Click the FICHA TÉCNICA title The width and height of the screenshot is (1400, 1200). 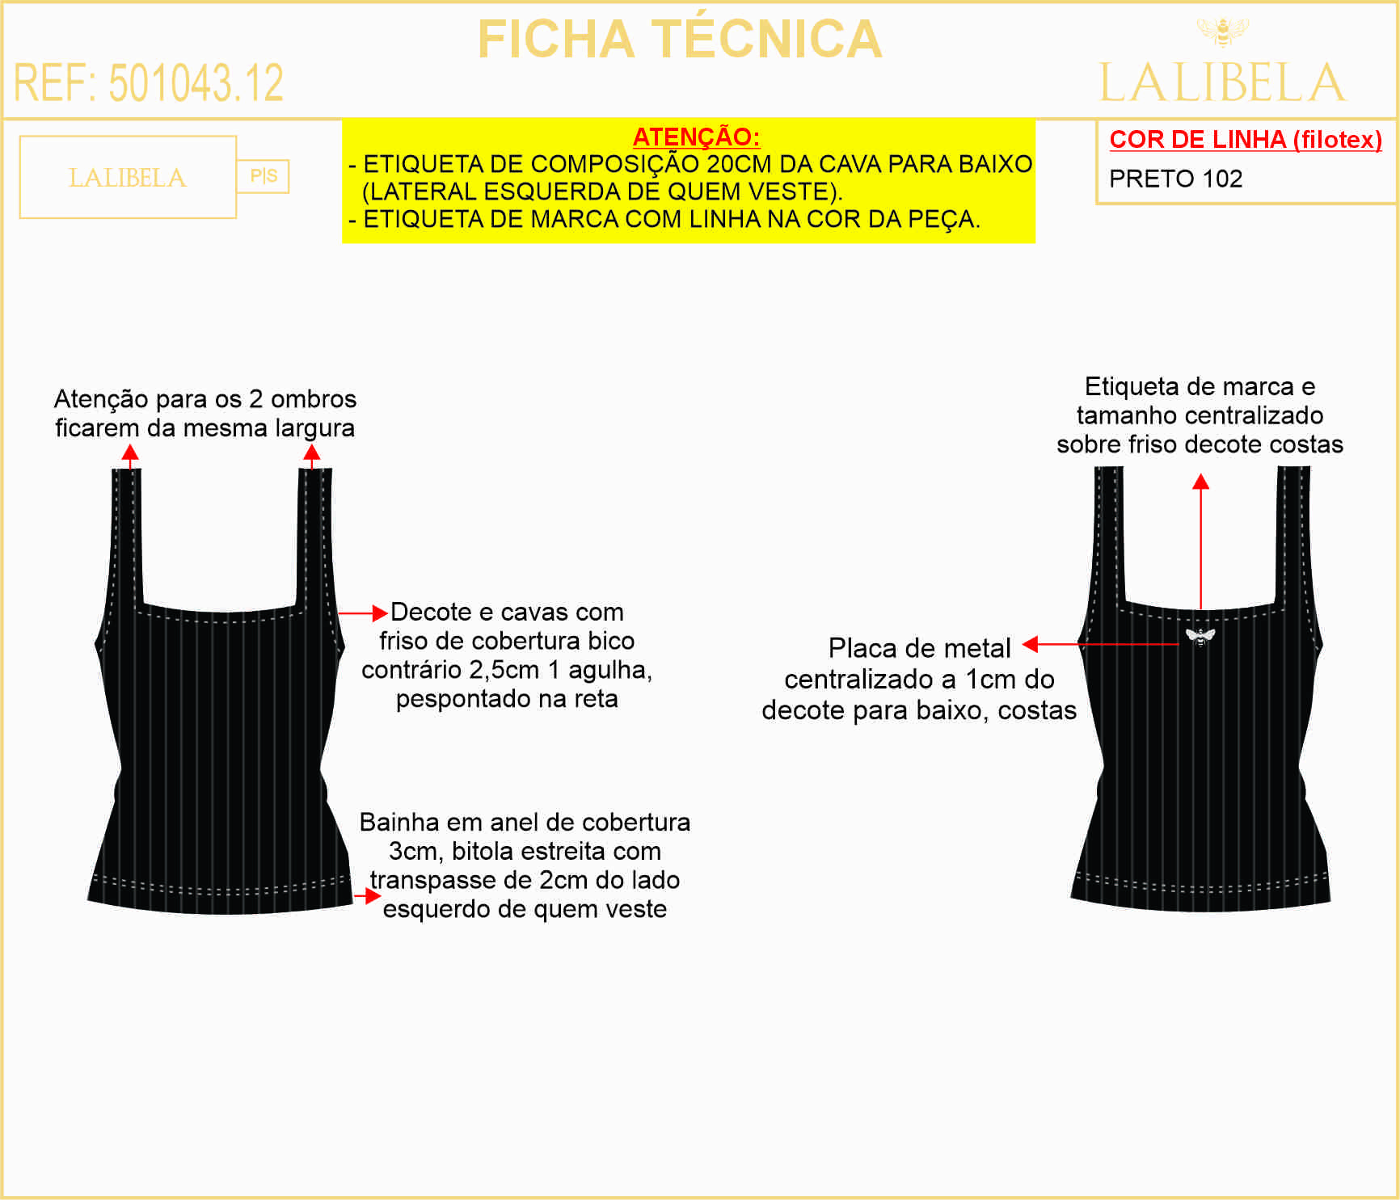680,39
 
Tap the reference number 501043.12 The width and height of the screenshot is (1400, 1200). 196,82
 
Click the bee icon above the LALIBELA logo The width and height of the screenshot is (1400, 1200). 1222,32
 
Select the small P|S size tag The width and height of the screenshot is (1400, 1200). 264,176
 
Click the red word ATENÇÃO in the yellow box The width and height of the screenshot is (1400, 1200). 696,137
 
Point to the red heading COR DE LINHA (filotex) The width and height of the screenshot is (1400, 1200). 1246,139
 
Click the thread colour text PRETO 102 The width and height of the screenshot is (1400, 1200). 1176,179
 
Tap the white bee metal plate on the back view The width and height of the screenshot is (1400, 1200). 1200,637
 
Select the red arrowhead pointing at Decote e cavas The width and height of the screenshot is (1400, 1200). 380,613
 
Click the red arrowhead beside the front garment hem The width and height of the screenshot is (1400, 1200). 373,895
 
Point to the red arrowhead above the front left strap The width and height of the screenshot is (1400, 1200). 130,453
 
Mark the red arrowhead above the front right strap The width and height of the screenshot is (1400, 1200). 312,453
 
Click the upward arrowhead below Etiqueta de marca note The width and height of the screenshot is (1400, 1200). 1201,482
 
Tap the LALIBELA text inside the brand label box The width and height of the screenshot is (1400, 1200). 128,178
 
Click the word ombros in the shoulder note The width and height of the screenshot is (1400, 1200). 314,399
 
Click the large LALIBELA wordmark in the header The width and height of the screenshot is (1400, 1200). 1222,82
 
